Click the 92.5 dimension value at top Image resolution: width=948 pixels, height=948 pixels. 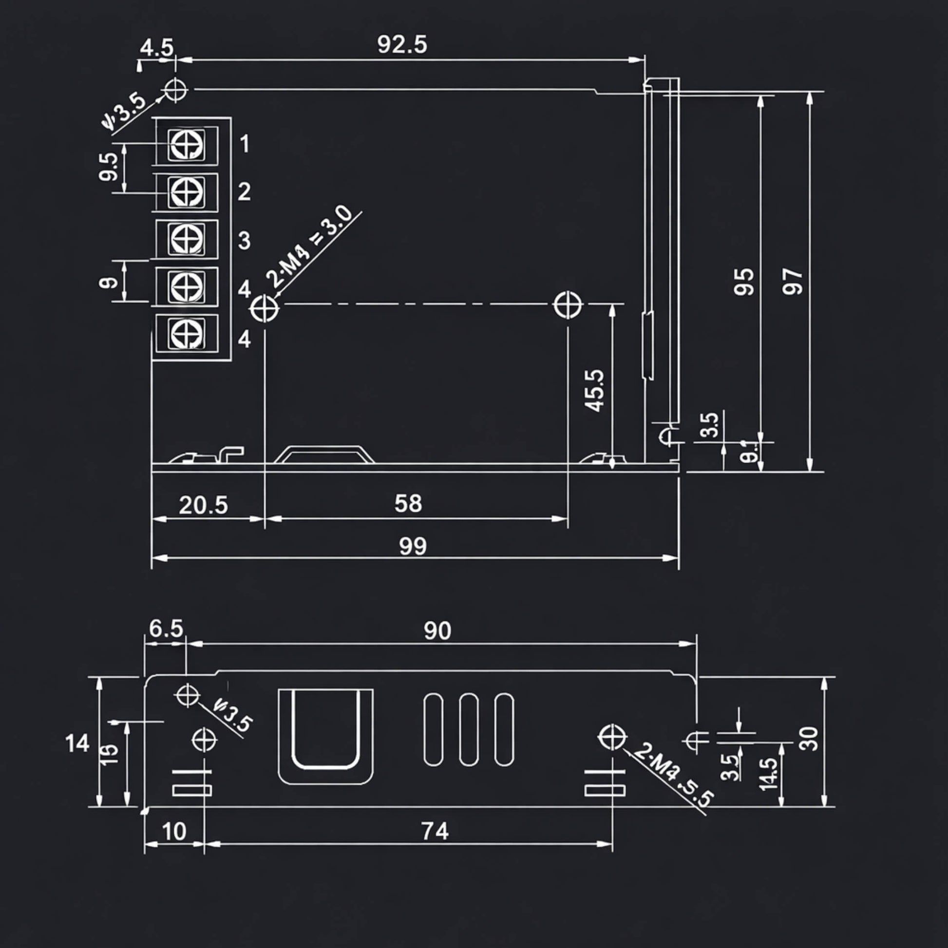coord(402,45)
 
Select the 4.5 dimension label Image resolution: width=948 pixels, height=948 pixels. coord(156,48)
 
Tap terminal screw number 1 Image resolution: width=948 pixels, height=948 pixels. coord(187,145)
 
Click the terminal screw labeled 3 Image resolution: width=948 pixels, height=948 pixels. coord(187,239)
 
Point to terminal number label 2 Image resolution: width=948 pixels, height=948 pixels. coord(244,192)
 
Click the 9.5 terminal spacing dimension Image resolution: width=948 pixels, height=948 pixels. coord(109,167)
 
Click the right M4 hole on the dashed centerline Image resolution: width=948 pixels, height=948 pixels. coord(568,305)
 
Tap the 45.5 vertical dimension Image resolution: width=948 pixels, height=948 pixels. coord(594,391)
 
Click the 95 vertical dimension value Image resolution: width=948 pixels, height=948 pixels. coord(744,282)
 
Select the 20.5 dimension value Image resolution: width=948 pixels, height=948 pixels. coord(203,505)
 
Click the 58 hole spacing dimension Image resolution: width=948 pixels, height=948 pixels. coord(408,503)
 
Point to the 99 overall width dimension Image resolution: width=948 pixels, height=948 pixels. coord(413,546)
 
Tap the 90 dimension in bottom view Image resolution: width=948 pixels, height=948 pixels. coord(437,630)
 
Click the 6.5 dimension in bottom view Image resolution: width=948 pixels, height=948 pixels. coord(166,628)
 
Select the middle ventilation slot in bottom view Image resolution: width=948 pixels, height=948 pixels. coord(469,729)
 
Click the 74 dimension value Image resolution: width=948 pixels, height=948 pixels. coord(435,831)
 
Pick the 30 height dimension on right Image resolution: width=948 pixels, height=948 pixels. coord(809,739)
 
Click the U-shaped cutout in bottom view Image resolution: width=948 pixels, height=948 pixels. coord(325,731)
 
